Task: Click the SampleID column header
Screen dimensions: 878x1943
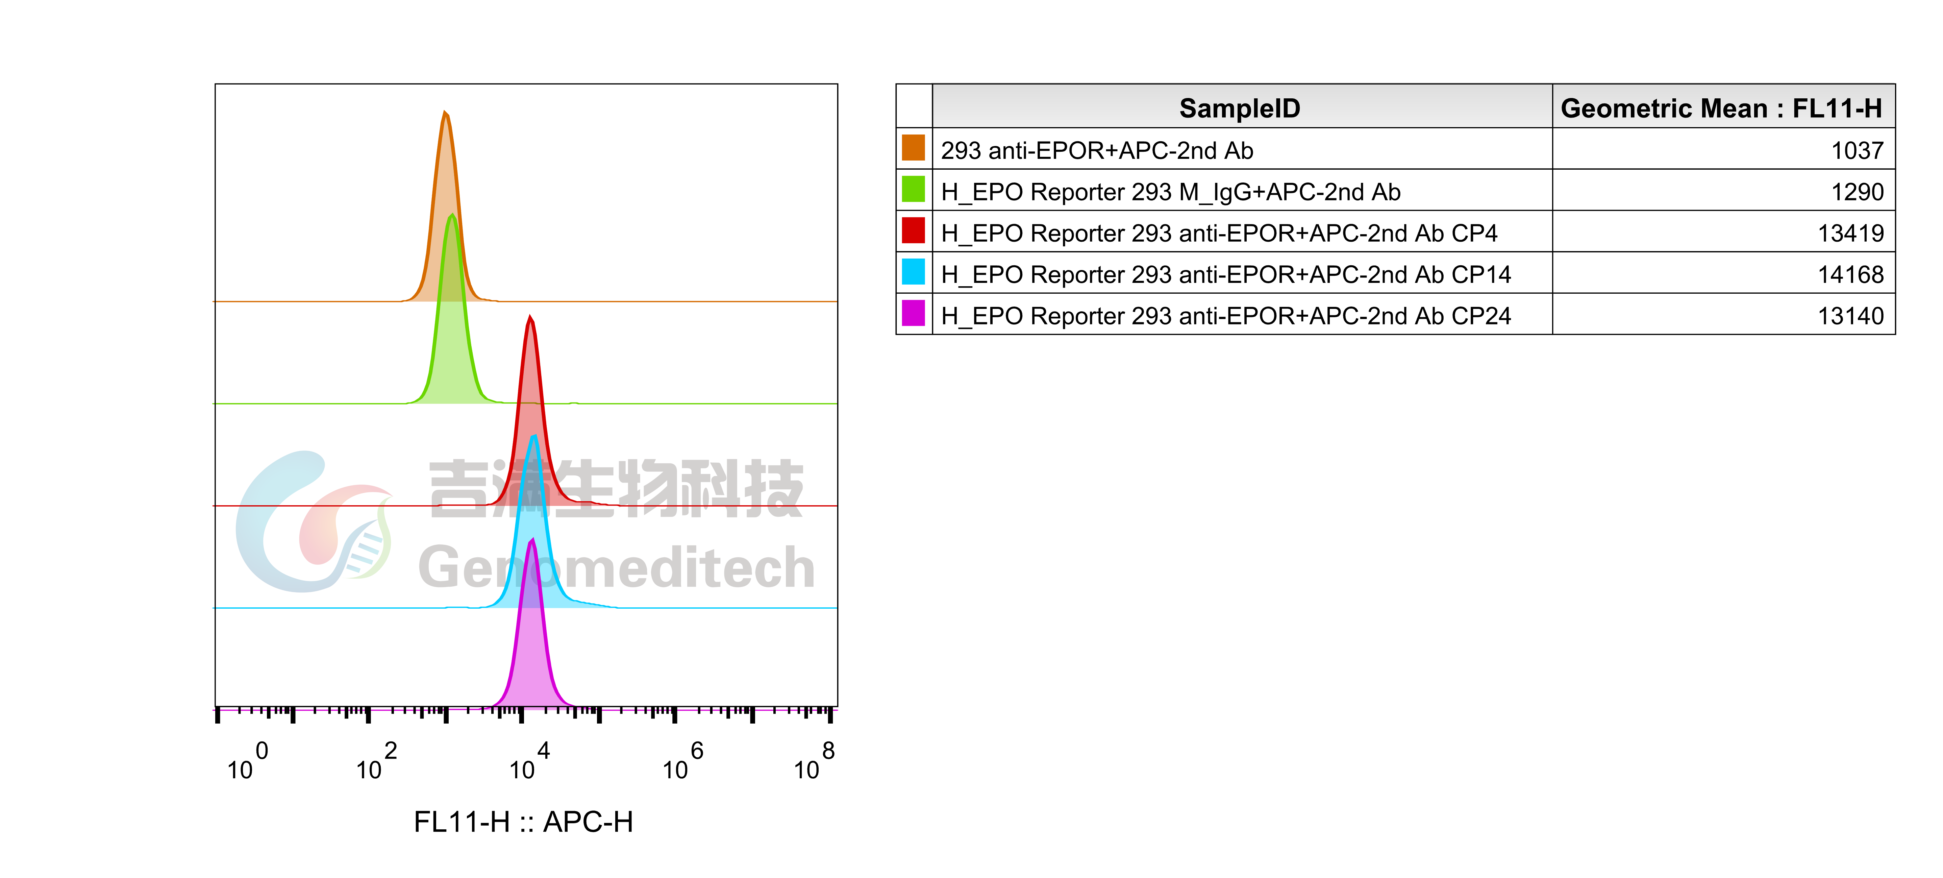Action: (1240, 108)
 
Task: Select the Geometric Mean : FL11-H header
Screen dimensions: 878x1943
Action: (1721, 108)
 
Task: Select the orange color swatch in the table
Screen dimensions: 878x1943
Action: (914, 148)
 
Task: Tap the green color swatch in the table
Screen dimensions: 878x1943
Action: (914, 189)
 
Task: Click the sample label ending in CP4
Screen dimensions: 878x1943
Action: (1219, 233)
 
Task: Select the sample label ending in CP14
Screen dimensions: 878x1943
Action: (1226, 274)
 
